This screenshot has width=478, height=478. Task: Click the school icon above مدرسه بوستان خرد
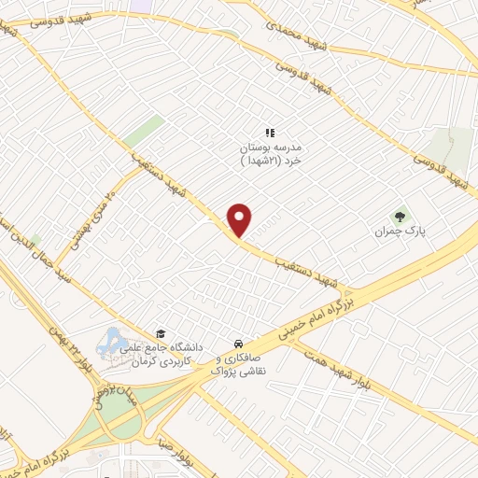270,133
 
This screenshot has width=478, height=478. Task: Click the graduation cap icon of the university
160,333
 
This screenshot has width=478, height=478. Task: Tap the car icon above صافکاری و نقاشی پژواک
240,343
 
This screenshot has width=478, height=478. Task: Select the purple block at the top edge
144,5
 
